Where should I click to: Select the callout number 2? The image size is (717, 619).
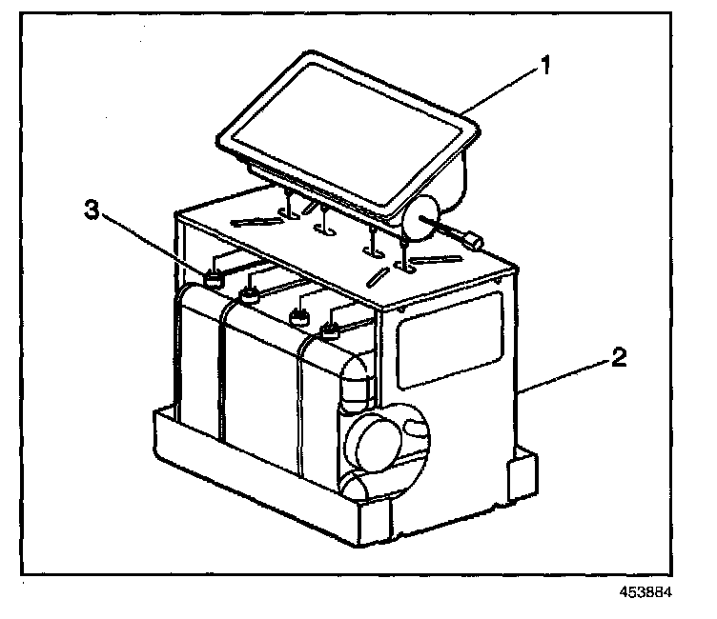620,359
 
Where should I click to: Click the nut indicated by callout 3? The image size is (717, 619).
214,278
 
